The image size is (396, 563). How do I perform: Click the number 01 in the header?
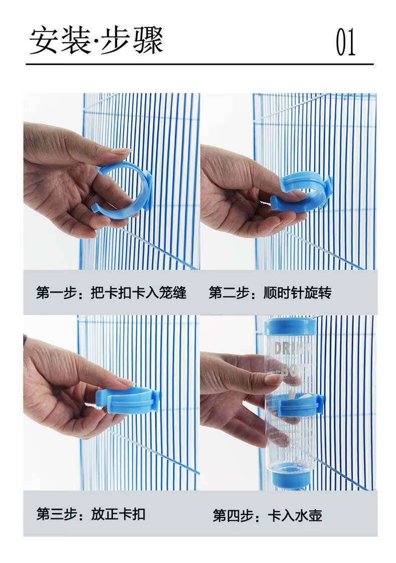tap(345, 43)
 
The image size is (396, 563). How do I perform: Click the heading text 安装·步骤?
tap(96, 41)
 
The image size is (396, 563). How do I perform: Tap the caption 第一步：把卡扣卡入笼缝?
tap(111, 293)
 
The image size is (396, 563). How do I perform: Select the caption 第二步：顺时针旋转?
tap(270, 293)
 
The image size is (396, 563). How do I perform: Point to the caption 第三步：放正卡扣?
tap(91, 514)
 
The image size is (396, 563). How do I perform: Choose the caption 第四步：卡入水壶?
tap(267, 515)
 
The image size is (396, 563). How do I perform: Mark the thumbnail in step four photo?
tap(273, 379)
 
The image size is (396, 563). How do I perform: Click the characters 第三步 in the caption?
tap(56, 514)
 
